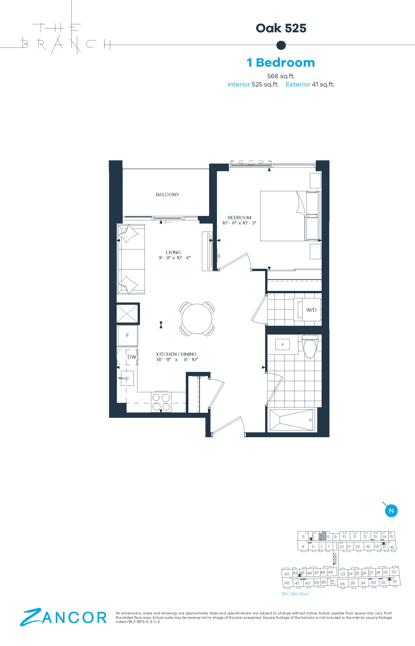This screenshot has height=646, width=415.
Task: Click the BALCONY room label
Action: tap(167, 194)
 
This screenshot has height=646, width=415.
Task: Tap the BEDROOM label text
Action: tap(240, 217)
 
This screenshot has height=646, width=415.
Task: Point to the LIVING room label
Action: tap(173, 252)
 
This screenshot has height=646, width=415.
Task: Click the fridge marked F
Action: tap(127, 335)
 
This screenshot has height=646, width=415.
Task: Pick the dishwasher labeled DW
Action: tap(128, 357)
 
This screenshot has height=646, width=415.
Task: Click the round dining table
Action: tap(197, 318)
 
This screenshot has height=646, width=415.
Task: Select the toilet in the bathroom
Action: tap(310, 346)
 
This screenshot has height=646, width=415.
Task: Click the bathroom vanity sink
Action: tap(282, 344)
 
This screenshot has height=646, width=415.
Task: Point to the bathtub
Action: tap(292, 420)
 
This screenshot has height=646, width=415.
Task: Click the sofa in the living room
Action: tap(131, 259)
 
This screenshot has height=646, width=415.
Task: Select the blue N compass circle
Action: tap(391, 511)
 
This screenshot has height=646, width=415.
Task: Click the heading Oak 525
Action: tap(281, 28)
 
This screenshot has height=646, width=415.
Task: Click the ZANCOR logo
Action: tap(63, 617)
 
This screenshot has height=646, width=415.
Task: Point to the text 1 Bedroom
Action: tap(281, 63)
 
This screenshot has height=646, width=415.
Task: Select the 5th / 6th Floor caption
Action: tap(295, 594)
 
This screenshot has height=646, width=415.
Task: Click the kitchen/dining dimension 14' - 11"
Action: tap(163, 359)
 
